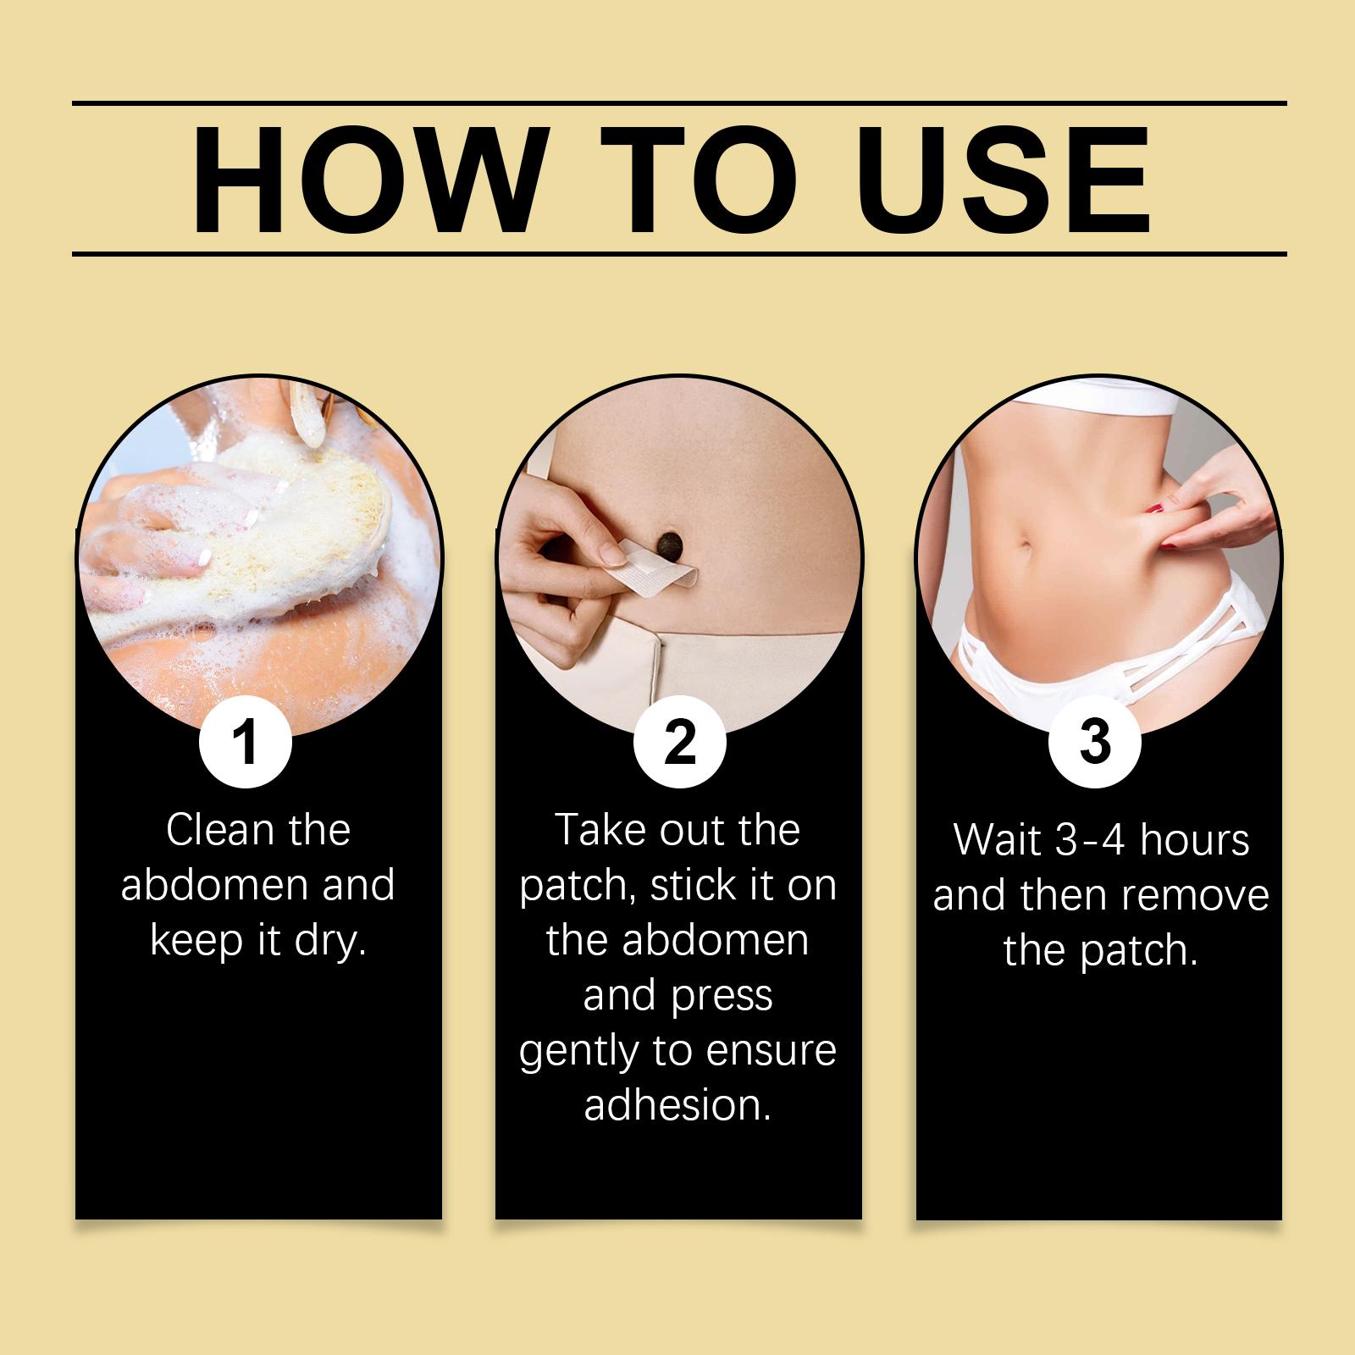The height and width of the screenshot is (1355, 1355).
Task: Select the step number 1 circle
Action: coord(246,741)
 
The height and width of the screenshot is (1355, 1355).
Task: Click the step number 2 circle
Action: coord(679,741)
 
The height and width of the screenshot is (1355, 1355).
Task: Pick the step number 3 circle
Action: coord(1094,741)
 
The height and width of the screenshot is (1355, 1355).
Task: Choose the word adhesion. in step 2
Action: coord(678,1106)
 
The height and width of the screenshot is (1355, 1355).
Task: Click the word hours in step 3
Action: coord(1195,839)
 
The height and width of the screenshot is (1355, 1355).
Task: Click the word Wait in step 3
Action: coord(999,839)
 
